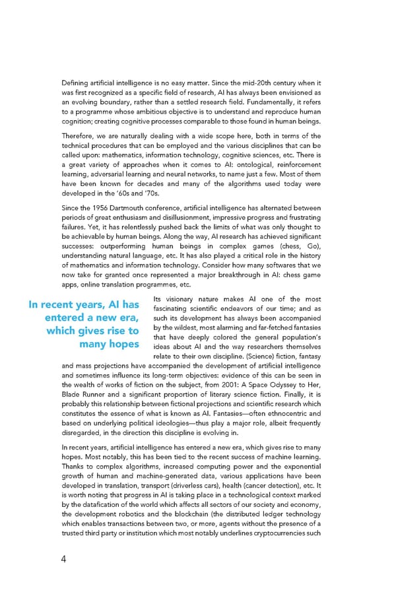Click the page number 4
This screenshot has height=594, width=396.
(63, 560)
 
